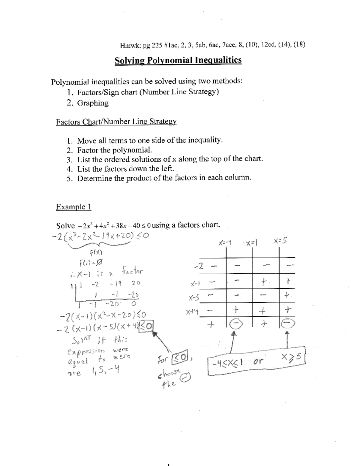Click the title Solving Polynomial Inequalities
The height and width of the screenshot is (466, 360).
(178, 60)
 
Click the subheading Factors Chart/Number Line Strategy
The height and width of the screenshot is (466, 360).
(116, 122)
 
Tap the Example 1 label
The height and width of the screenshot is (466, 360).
(73, 207)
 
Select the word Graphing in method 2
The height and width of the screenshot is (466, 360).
(93, 103)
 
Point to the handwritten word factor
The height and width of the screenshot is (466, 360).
(132, 272)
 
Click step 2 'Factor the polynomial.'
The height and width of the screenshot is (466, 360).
(115, 150)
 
